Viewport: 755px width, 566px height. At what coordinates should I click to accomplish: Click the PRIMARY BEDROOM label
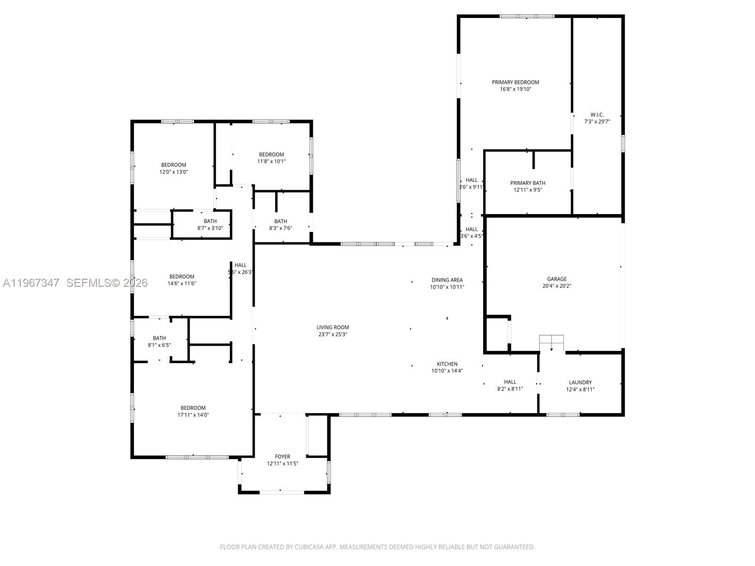coord(515,82)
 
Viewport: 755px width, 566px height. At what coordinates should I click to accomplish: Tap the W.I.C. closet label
coord(597,115)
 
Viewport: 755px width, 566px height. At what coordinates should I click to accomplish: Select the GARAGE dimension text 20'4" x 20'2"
coord(557,286)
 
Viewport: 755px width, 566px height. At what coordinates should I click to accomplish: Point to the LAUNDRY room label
coord(580,383)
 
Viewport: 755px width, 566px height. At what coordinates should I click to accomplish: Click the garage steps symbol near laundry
coord(551,340)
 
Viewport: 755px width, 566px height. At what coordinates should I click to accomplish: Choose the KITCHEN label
coord(447,364)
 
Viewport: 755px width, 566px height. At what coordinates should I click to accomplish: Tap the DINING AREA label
coord(447,280)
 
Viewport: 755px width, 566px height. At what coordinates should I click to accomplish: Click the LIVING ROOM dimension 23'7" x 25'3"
coord(333,334)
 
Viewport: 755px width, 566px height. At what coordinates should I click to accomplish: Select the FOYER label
coord(283,457)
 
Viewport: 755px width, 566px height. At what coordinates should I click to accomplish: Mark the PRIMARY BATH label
coord(528,183)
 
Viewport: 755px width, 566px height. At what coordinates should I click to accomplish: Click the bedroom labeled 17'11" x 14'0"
coord(193,411)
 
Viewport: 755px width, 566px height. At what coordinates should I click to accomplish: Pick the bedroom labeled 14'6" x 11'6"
coord(182,280)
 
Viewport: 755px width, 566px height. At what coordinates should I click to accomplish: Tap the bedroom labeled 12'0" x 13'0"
coord(174,168)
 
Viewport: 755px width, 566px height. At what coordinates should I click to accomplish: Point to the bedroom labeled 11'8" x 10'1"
coord(271,158)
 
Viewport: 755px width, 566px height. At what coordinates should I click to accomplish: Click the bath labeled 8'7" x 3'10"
coord(210,225)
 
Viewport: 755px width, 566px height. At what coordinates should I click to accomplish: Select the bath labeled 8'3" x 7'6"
coord(280,225)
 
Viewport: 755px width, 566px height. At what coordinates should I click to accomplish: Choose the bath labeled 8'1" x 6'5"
coord(159,341)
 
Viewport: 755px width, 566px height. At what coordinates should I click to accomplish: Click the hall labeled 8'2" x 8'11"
coord(510,385)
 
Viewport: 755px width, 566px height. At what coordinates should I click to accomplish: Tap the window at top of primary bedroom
coord(527,16)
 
